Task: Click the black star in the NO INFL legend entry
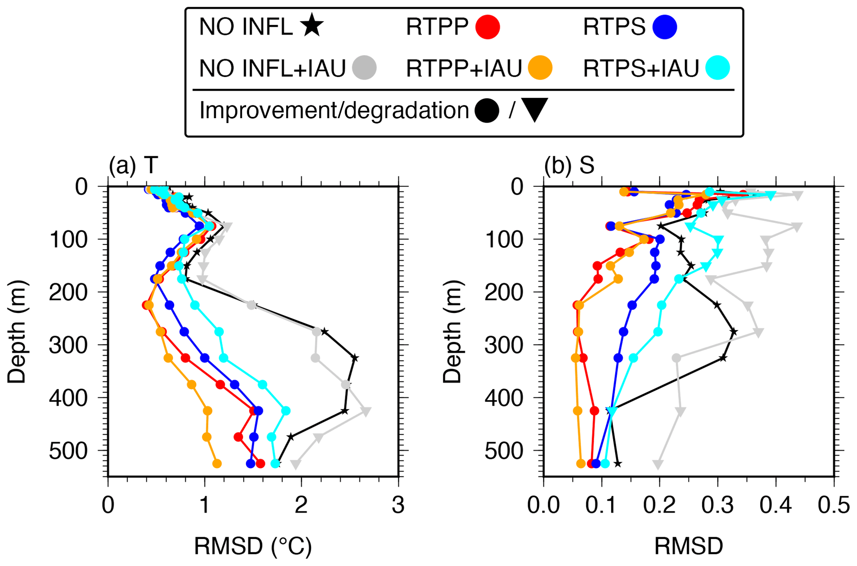(312, 26)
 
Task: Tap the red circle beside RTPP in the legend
(488, 27)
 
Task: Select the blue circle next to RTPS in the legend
(665, 27)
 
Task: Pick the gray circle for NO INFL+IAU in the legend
(364, 68)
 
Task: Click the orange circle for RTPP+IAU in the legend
(540, 68)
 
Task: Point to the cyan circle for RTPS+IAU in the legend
(718, 68)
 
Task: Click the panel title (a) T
(133, 165)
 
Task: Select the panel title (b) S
(569, 165)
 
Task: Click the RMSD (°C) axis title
(253, 546)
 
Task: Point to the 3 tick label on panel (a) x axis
(398, 506)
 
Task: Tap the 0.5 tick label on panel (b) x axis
(834, 506)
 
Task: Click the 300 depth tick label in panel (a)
(68, 345)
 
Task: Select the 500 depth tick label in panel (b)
(504, 450)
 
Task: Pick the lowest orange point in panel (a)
(216, 464)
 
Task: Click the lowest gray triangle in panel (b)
(658, 464)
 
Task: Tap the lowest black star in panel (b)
(618, 464)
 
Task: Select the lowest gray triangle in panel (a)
(296, 464)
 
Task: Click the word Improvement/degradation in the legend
(334, 110)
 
